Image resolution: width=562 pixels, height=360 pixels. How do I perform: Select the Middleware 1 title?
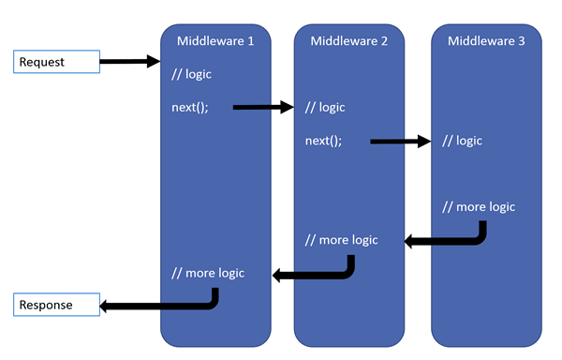[x=215, y=40]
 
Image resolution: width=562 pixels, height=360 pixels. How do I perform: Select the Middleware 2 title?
[x=349, y=40]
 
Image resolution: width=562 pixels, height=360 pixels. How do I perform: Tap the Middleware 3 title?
[x=486, y=40]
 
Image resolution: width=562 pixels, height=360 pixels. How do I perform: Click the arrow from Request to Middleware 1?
[x=129, y=62]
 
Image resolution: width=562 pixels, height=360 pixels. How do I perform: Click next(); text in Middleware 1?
[x=190, y=107]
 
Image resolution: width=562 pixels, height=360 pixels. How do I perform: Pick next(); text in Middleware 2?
[x=324, y=141]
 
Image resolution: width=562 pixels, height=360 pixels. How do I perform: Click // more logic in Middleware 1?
[x=208, y=273]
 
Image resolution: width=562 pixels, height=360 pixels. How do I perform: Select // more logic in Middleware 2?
[x=342, y=240]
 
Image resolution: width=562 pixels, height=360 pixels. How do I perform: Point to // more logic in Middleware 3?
[x=479, y=206]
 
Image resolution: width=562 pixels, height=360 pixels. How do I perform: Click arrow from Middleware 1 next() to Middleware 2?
[x=263, y=107]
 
